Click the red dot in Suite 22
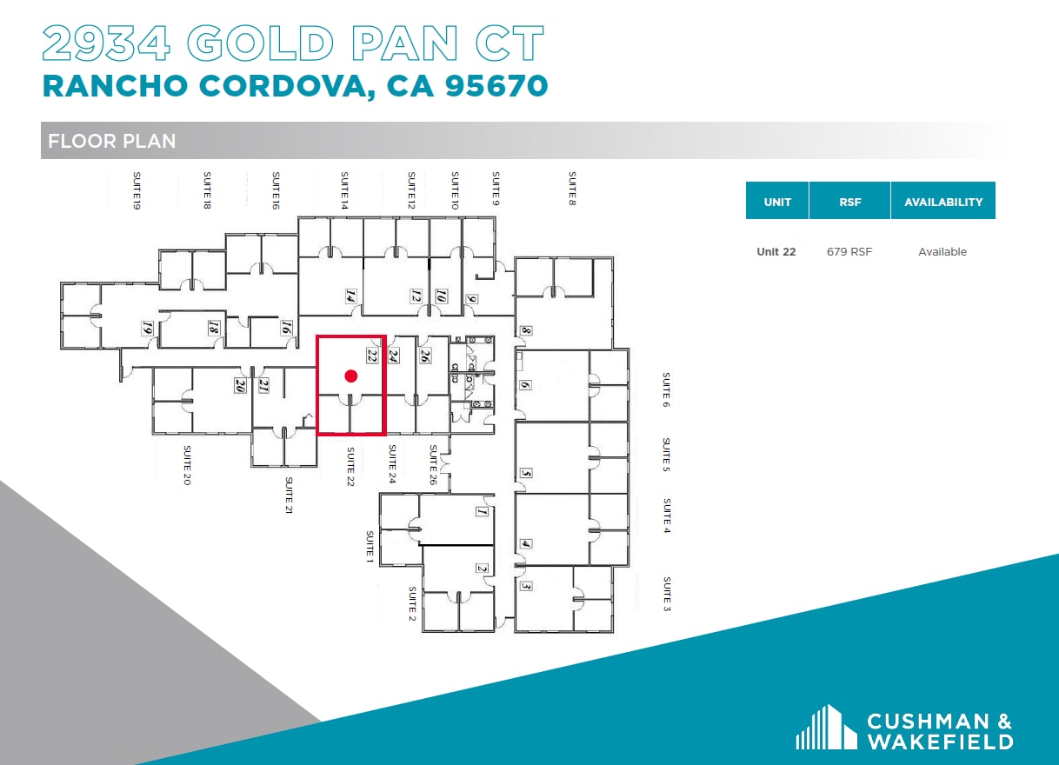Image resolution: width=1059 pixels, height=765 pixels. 351,376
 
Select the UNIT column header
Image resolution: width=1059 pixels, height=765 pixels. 777,202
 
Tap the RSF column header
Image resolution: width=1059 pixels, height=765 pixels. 849,202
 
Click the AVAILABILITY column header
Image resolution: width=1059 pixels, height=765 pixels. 943,202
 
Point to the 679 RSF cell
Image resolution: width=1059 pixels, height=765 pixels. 849,252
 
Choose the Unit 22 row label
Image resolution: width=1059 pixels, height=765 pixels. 776,252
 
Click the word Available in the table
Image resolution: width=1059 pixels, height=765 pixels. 942,252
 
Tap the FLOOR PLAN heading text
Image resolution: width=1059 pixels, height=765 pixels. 112,141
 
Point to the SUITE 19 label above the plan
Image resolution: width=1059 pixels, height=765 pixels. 137,191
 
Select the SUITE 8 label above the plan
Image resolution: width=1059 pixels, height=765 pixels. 572,188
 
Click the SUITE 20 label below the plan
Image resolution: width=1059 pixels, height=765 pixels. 186,465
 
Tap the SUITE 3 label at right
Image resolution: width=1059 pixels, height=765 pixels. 667,594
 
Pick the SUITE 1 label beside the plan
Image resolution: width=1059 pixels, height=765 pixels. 369,546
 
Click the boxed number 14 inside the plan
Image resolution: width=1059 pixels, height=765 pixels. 351,296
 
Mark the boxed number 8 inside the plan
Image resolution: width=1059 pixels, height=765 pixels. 525,331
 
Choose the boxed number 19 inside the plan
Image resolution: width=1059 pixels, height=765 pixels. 148,329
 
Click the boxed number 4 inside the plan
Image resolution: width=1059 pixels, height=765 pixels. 525,545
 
